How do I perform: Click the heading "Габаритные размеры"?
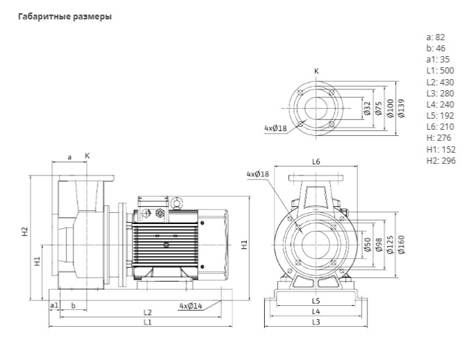pos(64,17)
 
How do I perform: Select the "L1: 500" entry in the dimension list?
pos(440,71)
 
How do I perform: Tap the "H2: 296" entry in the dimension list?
pos(441,161)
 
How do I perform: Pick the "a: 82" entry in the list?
pos(435,37)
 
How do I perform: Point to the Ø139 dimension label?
pos(401,108)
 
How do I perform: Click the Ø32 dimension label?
pos(367,108)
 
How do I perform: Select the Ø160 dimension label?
pos(401,245)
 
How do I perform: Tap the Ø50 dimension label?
pos(367,245)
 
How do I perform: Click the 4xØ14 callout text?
pos(191,306)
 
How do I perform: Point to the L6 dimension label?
pos(316,162)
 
